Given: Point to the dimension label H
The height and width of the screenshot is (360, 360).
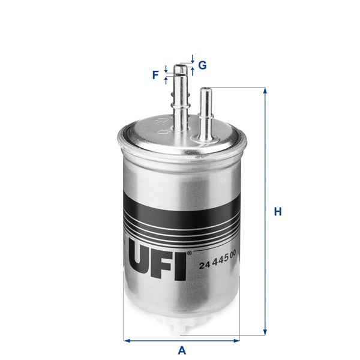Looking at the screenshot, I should coord(278,212).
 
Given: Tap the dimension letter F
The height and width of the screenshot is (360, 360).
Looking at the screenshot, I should coord(155,75).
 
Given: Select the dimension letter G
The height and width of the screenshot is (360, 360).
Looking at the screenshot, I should coord(202,65).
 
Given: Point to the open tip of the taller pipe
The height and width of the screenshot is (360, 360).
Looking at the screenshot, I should coord(181,67).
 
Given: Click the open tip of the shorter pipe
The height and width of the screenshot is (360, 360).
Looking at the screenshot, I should coord(205,89).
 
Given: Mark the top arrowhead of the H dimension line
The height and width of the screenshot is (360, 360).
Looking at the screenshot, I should coord(264,91).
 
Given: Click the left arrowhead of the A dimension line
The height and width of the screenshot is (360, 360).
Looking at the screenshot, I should coord(127,340).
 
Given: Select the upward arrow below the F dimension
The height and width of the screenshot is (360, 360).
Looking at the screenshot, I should coord(166,80).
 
